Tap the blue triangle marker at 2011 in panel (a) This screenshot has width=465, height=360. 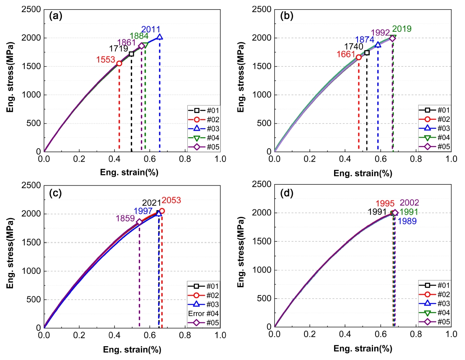pyautogui.click(x=160, y=37)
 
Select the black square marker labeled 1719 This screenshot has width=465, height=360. pyautogui.click(x=131, y=54)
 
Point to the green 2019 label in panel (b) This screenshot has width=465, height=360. pyautogui.click(x=401, y=29)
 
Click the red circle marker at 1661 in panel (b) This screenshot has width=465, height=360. pyautogui.click(x=359, y=57)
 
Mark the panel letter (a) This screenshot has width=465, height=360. pyautogui.click(x=56, y=16)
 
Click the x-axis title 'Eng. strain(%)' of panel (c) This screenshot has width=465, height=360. pyautogui.click(x=132, y=350)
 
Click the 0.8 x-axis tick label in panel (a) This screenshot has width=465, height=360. pyautogui.click(x=185, y=159)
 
